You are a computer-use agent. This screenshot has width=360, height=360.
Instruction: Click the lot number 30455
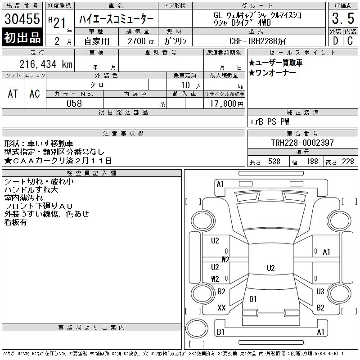tap(22, 18)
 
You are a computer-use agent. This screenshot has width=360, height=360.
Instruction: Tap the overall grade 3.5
tap(343, 18)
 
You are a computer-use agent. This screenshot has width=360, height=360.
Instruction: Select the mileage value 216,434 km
tap(46, 64)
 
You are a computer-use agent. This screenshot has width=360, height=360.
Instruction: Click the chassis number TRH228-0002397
tap(302, 143)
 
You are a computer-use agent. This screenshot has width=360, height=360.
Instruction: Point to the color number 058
tap(74, 103)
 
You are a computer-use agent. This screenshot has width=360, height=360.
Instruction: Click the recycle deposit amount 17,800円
tap(226, 104)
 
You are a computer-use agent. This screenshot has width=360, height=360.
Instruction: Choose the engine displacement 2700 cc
tap(141, 41)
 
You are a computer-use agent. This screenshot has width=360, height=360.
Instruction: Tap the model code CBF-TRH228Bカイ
tap(257, 41)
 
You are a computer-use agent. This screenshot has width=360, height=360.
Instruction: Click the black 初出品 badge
tap(22, 37)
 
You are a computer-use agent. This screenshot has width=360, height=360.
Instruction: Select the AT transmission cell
tap(13, 94)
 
